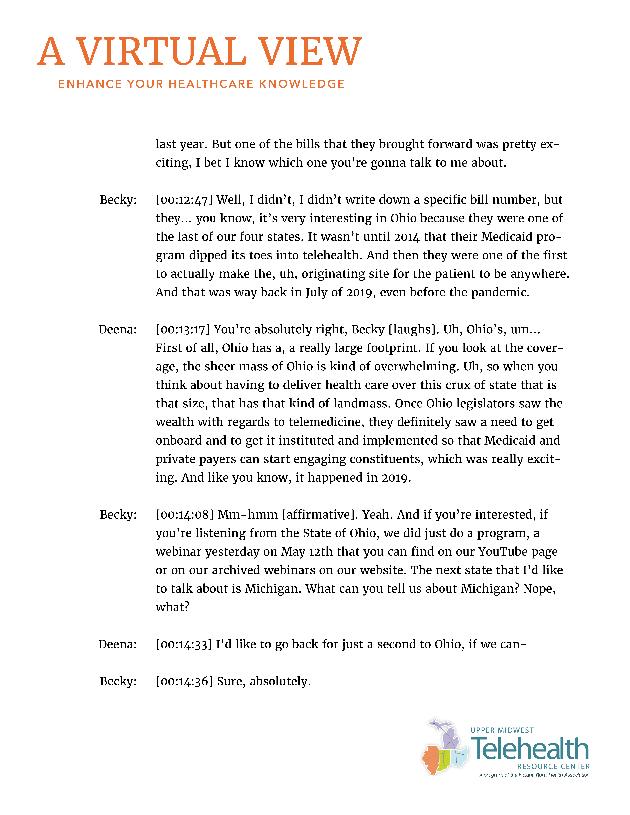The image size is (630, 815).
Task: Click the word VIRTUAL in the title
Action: point(161,52)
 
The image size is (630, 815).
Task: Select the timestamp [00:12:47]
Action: point(184,200)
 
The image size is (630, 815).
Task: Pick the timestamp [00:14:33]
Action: point(184,644)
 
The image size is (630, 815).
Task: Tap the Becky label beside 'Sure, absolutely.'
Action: point(118,681)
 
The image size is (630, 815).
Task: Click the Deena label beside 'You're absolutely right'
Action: point(118,329)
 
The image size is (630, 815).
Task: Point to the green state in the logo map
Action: point(444,759)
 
